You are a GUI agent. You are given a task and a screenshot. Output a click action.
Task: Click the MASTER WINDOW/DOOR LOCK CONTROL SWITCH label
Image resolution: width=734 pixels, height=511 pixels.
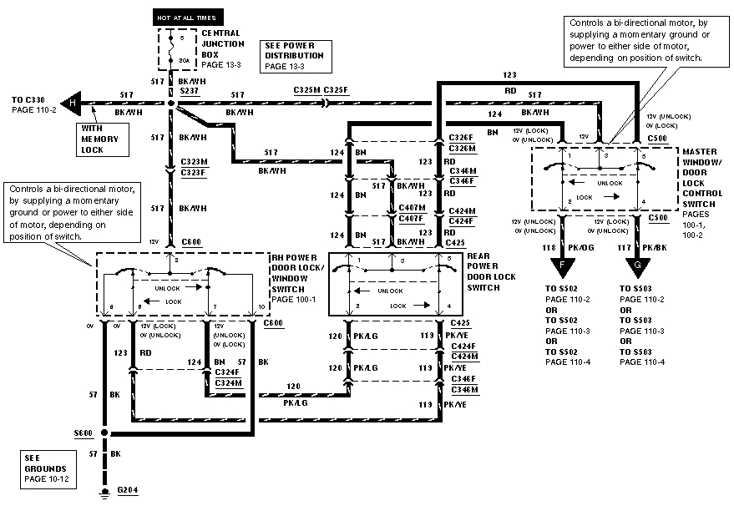705,180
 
